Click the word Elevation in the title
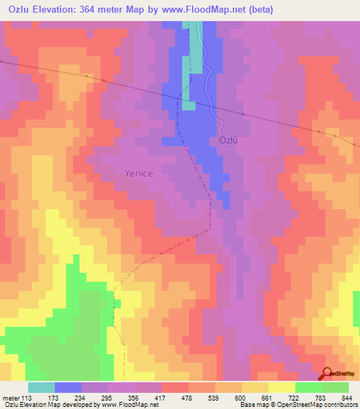63,10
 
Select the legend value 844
345,398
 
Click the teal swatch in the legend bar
41,387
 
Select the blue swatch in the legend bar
68,387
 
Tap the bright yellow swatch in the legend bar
282,387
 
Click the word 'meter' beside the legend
10,398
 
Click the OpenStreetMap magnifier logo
327,374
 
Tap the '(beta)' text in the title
257,10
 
